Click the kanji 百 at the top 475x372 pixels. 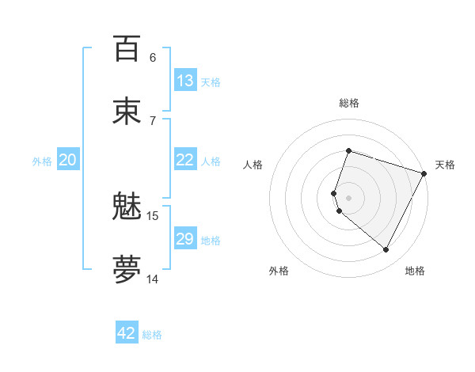coord(127,49)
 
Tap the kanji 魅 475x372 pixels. coord(127,207)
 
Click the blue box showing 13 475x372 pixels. coord(185,81)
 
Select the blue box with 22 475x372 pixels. coord(185,160)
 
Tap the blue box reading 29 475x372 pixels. coord(185,239)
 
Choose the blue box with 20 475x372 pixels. coord(68,160)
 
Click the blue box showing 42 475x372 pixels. coord(127,333)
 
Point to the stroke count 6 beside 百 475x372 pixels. coord(153,57)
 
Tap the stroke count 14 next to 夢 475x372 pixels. coord(153,279)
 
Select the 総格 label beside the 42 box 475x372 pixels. coord(152,335)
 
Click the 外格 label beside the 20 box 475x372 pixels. coord(42,161)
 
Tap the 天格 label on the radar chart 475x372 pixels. coord(445,165)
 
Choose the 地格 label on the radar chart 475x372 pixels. coord(415,271)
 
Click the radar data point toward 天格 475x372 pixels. coord(424,173)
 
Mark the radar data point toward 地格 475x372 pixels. coord(386,250)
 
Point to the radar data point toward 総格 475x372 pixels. coord(348,150)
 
